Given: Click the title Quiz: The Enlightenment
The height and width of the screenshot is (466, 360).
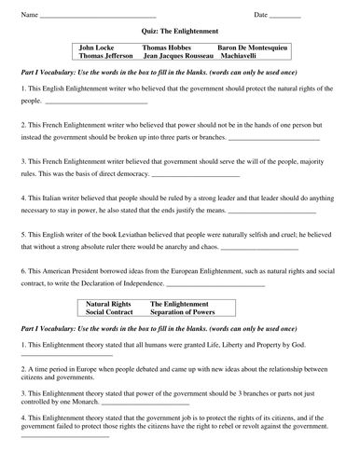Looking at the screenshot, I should [x=180, y=31].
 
